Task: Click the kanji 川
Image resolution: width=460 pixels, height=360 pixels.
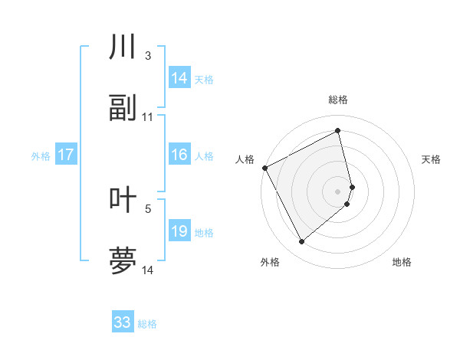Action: pyautogui.click(x=123, y=47)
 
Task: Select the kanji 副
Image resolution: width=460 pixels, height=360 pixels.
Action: pyautogui.click(x=123, y=108)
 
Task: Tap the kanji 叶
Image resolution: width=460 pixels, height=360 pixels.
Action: pyautogui.click(x=123, y=199)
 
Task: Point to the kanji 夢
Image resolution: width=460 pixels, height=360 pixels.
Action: pyautogui.click(x=123, y=260)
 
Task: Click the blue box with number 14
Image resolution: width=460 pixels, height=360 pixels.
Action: pyautogui.click(x=179, y=78)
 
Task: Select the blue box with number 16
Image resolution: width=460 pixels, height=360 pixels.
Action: pyautogui.click(x=179, y=155)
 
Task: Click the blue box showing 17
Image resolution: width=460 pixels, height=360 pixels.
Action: pyautogui.click(x=66, y=155)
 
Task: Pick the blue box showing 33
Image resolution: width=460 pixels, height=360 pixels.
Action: pyautogui.click(x=123, y=322)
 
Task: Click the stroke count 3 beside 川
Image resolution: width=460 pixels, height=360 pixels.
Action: pyautogui.click(x=148, y=56)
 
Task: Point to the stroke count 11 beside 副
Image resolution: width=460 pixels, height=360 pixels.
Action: pyautogui.click(x=148, y=117)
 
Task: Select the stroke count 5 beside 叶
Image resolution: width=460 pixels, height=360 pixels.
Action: pyautogui.click(x=148, y=208)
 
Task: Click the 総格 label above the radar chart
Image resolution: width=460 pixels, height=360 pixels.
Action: pyautogui.click(x=338, y=100)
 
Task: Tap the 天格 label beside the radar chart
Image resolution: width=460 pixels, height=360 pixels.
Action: pyautogui.click(x=431, y=159)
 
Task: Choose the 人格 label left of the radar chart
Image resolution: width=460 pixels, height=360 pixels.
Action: pyautogui.click(x=245, y=159)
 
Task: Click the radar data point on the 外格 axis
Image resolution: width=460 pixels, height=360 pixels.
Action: pyautogui.click(x=301, y=242)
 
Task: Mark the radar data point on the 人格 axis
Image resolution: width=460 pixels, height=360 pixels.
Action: pyautogui.click(x=264, y=168)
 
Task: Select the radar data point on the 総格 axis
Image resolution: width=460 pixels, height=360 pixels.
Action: pyautogui.click(x=338, y=131)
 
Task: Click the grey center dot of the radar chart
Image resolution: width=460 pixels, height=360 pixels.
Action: pyautogui.click(x=338, y=191)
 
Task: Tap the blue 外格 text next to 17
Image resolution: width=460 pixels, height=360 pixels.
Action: pyautogui.click(x=41, y=155)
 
